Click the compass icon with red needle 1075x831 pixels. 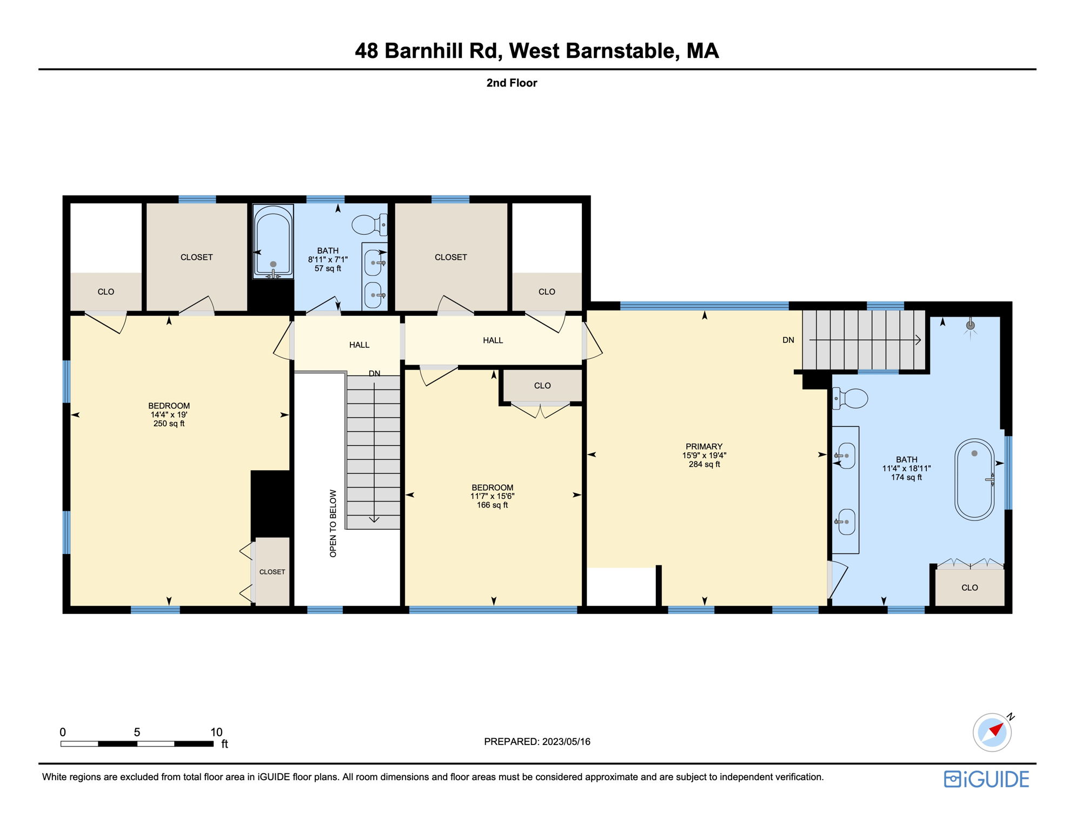(x=992, y=733)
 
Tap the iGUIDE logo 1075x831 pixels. (x=986, y=779)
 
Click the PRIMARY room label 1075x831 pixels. (x=704, y=446)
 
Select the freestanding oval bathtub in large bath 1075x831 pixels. (x=974, y=479)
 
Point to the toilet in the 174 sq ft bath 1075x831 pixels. (x=851, y=398)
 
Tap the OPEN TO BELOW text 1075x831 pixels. (x=333, y=523)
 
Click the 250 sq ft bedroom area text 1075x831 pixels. (x=169, y=424)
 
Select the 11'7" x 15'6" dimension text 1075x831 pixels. (x=492, y=496)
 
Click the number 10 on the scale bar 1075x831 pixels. (x=216, y=732)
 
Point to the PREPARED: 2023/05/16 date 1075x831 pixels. (x=537, y=742)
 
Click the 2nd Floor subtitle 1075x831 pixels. (x=512, y=83)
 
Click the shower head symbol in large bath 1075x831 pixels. (x=970, y=325)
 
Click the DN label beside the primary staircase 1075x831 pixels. (x=788, y=340)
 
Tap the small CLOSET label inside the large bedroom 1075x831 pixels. (x=272, y=572)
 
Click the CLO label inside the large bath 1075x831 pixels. (x=970, y=588)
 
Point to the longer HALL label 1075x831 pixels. (x=493, y=340)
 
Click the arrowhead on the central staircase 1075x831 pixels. (x=374, y=520)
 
